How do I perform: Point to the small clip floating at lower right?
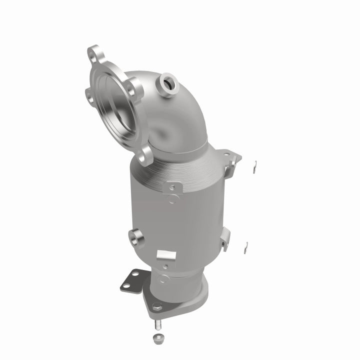(246, 245)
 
